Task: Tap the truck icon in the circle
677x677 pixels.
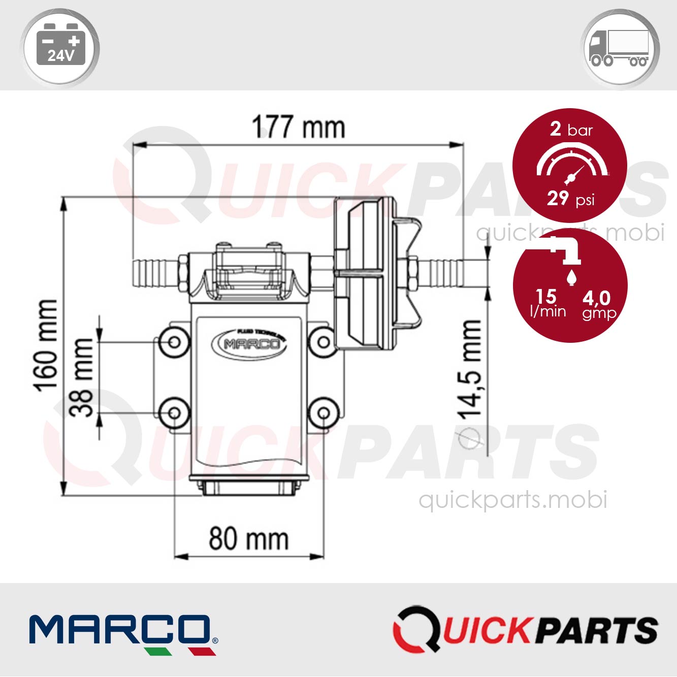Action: coord(620,48)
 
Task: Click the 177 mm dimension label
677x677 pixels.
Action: coord(299,127)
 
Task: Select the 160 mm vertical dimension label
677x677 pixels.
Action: coord(46,346)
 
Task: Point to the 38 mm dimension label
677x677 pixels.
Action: coord(82,377)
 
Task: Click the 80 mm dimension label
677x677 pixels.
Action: coord(248,539)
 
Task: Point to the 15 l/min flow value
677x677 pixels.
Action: coord(547,303)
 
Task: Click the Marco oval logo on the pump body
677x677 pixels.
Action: coord(249,344)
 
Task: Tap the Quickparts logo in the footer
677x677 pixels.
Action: coord(526,630)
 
